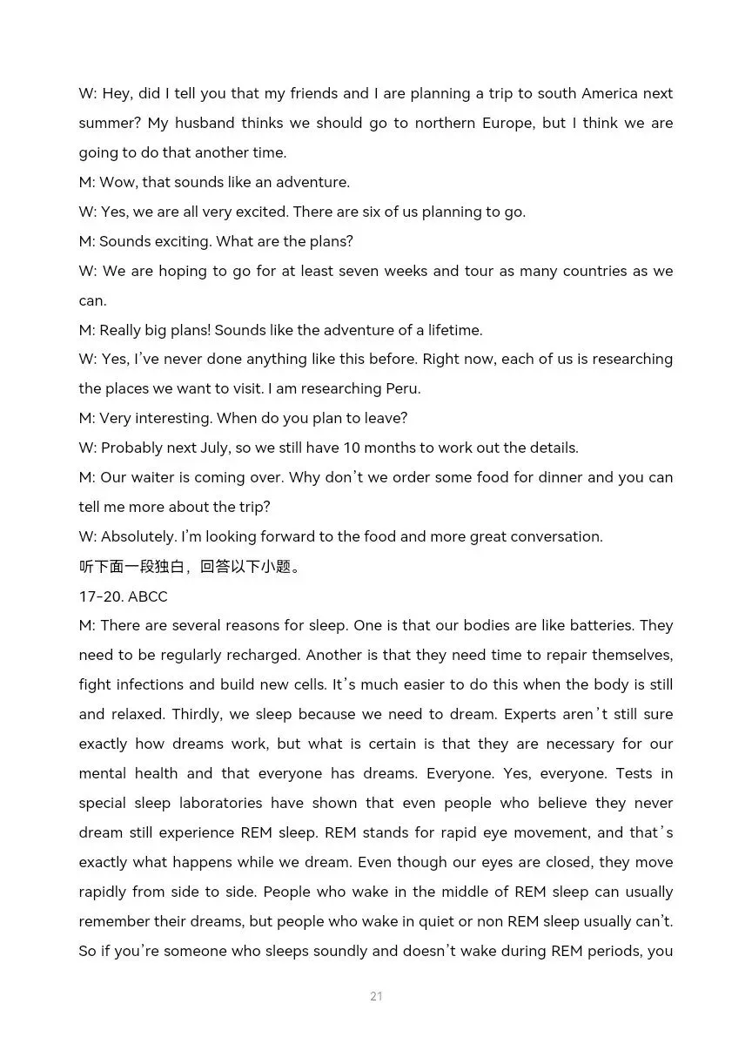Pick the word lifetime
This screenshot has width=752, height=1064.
[454, 330]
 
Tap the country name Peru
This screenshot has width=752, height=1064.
[403, 388]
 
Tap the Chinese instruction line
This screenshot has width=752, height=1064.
[191, 567]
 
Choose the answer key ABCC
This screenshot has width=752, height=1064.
[148, 596]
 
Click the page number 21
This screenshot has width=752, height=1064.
[376, 996]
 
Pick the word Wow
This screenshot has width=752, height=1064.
[118, 182]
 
